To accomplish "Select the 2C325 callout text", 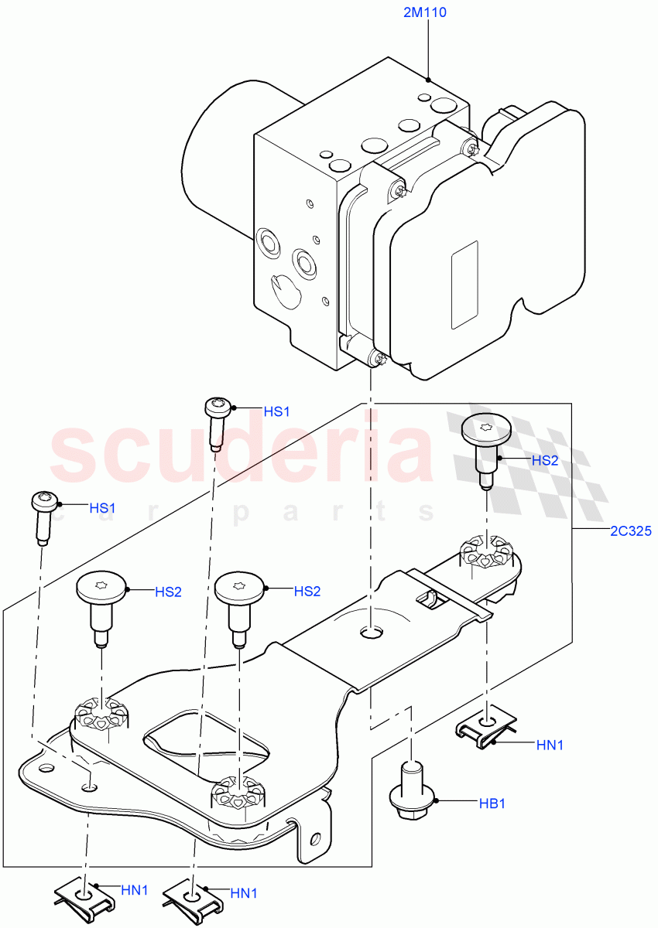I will (629, 531).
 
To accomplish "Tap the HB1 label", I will (492, 803).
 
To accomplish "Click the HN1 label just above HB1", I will (550, 745).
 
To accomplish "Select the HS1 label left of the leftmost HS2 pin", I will (102, 508).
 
